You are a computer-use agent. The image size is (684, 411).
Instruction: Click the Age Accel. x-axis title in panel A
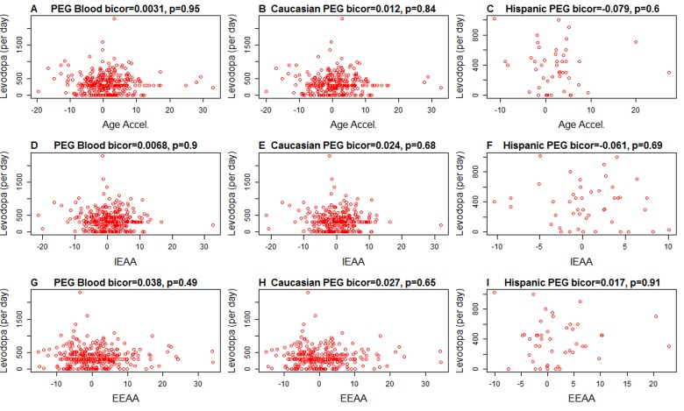(120, 124)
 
